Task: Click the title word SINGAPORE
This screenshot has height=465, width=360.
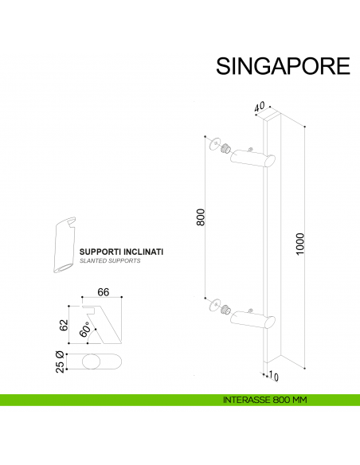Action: pyautogui.click(x=283, y=65)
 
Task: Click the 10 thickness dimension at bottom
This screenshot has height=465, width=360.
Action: pyautogui.click(x=274, y=375)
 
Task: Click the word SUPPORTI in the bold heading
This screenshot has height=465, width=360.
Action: pyautogui.click(x=99, y=252)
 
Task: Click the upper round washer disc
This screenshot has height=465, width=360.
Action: pyautogui.click(x=211, y=144)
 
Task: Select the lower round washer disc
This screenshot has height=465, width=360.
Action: pyautogui.click(x=211, y=303)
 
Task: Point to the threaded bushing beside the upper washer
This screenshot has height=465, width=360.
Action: pyautogui.click(x=225, y=149)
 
